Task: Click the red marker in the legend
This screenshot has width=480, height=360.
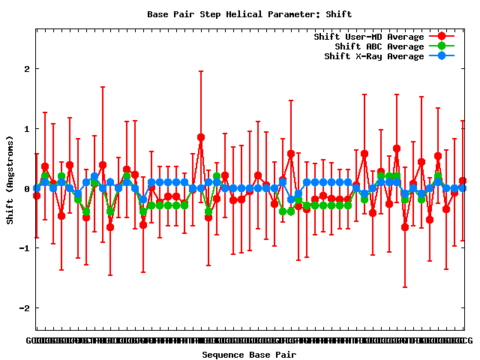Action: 442,37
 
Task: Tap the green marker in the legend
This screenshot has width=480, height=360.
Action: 442,46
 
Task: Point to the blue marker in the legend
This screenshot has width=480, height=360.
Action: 442,56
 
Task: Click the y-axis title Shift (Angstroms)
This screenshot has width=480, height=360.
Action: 10,180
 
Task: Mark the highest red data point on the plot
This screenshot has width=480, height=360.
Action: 201,137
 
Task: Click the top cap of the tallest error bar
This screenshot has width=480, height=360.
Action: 201,71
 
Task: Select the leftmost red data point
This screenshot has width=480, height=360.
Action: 37,196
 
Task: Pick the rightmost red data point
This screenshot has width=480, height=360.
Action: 463,181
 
